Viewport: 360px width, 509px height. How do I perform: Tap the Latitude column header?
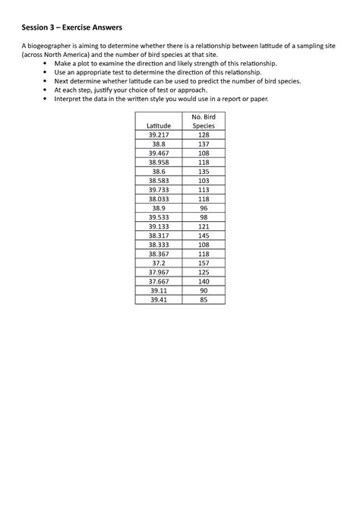pos(158,125)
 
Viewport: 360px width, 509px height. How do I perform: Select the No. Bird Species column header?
pos(204,120)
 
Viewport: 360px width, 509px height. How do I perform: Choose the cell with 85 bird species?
pos(204,300)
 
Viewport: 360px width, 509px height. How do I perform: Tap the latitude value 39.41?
pos(158,300)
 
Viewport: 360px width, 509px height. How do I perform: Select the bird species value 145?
pos(204,236)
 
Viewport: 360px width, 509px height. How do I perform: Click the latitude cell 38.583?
pos(158,180)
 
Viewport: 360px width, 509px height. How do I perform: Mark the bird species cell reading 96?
pos(204,207)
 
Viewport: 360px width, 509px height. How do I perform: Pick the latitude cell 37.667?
pos(158,282)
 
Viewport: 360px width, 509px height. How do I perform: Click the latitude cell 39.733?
pos(158,189)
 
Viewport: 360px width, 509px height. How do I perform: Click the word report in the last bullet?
pos(226,99)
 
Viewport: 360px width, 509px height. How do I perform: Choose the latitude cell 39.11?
pos(158,291)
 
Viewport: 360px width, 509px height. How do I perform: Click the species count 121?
pos(204,226)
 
